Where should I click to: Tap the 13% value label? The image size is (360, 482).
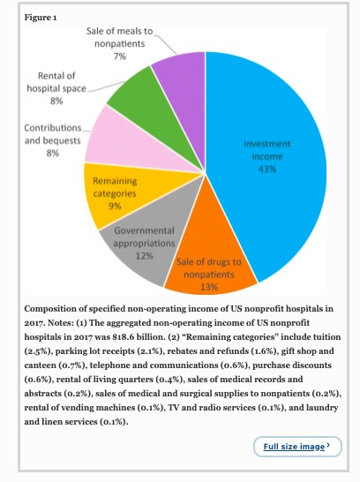[209, 286]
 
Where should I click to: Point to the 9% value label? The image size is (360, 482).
[113, 205]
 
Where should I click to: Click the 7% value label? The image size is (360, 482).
[120, 56]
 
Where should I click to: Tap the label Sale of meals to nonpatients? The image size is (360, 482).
[119, 37]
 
